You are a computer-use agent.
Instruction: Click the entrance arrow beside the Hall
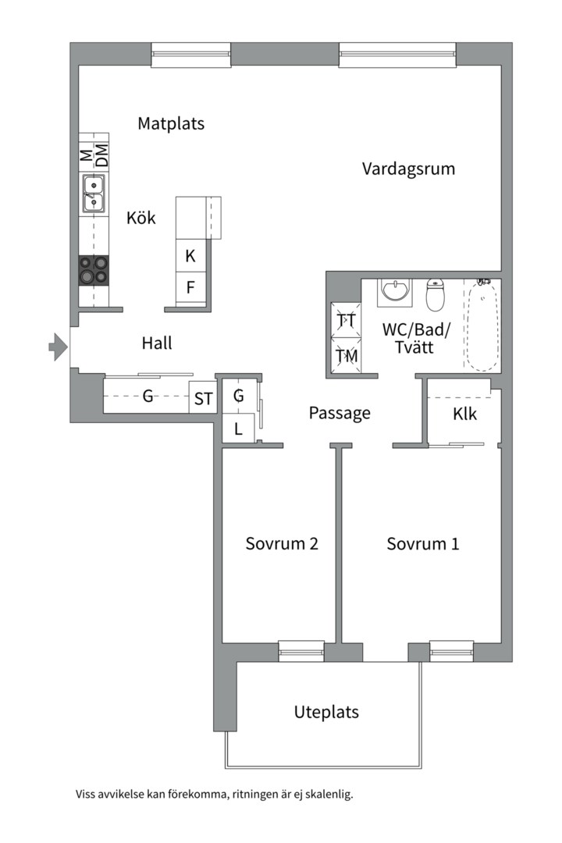[x=59, y=347]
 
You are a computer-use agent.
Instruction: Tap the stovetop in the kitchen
[x=94, y=270]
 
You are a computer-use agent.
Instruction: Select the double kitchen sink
[x=94, y=193]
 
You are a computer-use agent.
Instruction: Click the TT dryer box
[x=347, y=321]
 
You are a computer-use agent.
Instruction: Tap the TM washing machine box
[x=347, y=355]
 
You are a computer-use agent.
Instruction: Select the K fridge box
[x=190, y=255]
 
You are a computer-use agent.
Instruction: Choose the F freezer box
[x=190, y=287]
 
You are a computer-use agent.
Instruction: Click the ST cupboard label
[x=203, y=399]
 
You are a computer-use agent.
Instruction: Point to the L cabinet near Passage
[x=238, y=429]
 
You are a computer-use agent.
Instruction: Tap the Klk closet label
[x=464, y=414]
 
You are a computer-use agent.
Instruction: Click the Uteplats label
[x=326, y=712]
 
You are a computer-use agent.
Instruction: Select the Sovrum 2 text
[x=282, y=543]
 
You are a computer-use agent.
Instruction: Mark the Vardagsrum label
[x=408, y=169]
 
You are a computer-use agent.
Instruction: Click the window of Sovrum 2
[x=301, y=651]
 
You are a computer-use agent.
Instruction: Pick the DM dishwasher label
[x=101, y=155]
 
